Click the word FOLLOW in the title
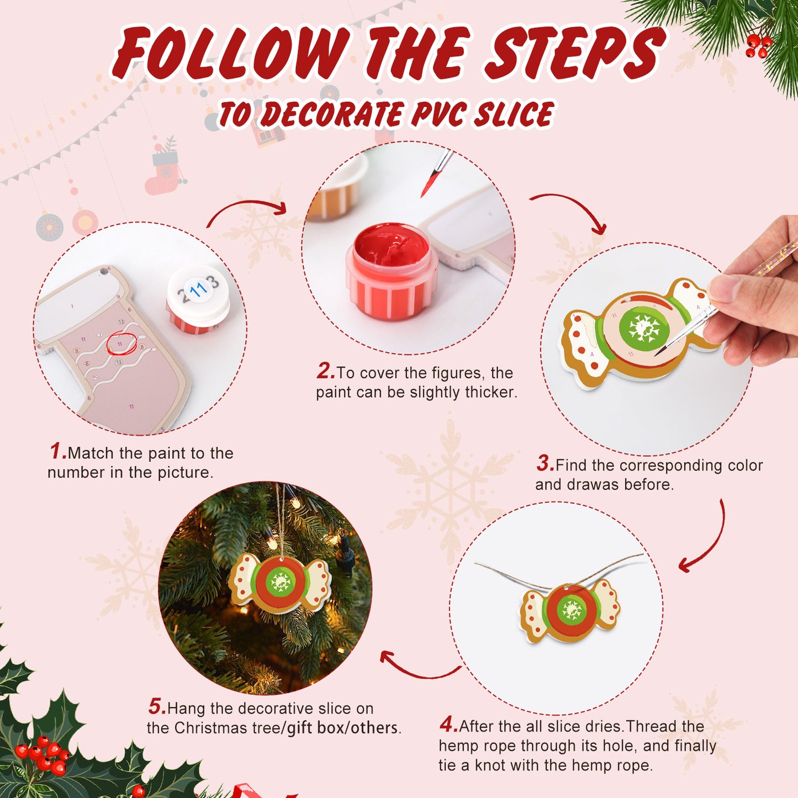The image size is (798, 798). [x=232, y=52]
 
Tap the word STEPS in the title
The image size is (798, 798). [x=574, y=52]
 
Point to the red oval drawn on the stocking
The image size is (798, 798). [x=121, y=344]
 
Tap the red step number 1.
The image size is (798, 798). [x=57, y=452]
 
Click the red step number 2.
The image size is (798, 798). [x=325, y=371]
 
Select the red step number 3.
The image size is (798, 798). [x=545, y=464]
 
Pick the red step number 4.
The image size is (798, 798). [x=448, y=724]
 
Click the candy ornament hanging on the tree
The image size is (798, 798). [x=279, y=583]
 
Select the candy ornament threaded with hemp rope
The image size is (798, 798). [x=570, y=610]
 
